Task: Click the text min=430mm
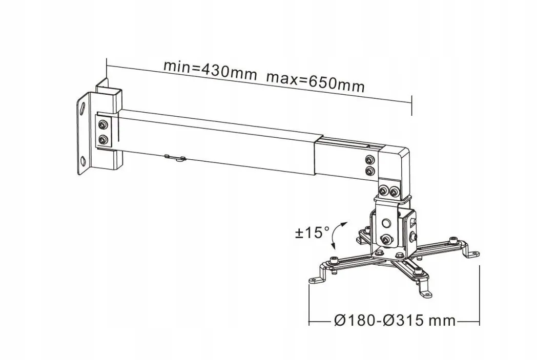click(x=209, y=70)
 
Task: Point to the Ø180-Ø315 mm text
click(x=394, y=321)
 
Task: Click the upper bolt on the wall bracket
click(x=104, y=124)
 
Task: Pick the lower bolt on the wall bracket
click(x=104, y=139)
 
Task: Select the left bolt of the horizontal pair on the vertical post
click(x=383, y=192)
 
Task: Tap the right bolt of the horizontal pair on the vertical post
click(x=395, y=192)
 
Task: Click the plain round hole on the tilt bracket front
click(x=385, y=223)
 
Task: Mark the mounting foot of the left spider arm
click(x=314, y=280)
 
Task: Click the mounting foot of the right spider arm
click(x=474, y=253)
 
